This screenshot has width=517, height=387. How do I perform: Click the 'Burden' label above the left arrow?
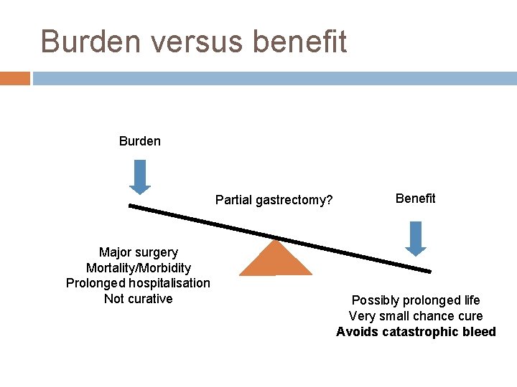(x=140, y=140)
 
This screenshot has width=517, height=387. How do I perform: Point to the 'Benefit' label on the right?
(x=415, y=199)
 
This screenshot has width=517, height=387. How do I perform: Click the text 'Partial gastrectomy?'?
(x=274, y=200)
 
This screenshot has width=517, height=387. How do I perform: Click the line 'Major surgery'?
(x=139, y=252)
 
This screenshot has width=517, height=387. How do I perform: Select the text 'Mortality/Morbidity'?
(x=139, y=268)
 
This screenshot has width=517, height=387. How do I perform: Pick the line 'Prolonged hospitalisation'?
(x=139, y=283)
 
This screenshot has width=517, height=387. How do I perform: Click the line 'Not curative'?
(x=139, y=299)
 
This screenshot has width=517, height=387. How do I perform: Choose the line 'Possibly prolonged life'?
(x=416, y=300)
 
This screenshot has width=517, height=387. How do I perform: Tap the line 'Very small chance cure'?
(x=416, y=316)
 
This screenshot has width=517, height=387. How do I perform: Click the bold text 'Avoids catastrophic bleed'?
(x=416, y=332)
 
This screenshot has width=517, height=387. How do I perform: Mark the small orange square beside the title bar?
(x=15, y=78)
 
